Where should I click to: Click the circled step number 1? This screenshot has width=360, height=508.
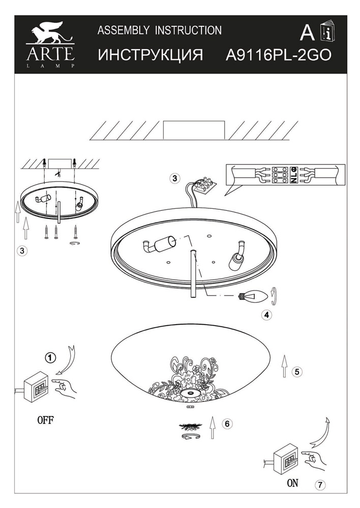(x=49, y=358)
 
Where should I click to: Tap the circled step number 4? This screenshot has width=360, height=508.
(x=266, y=314)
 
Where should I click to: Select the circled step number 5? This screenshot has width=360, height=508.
(x=297, y=371)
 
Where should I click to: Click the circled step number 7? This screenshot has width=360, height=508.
(x=320, y=485)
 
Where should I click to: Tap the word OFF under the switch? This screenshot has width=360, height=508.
(x=45, y=420)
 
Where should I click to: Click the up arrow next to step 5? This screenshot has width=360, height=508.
(x=284, y=365)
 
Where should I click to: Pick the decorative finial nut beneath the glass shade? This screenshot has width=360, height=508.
(x=190, y=425)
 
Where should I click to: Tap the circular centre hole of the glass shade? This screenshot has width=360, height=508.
(x=190, y=394)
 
